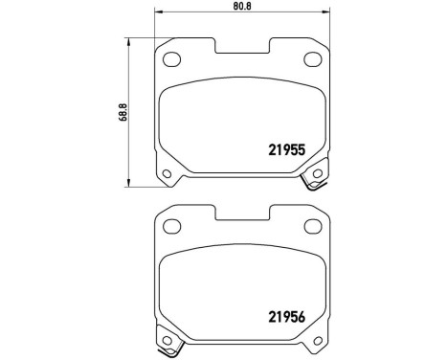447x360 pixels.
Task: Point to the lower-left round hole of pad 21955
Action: [168, 173]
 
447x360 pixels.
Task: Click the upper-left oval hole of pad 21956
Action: [173, 227]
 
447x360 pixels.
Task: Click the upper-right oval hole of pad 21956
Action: [312, 227]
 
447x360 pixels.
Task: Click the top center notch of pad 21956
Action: [242, 213]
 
